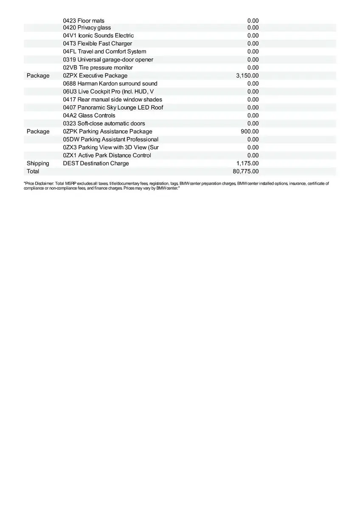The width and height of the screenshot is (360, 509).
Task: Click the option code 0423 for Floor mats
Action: pos(70,21)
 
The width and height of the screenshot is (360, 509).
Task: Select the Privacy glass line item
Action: pos(87,28)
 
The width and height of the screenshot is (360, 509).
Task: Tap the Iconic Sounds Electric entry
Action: pos(98,36)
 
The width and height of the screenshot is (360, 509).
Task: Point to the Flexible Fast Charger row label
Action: pos(98,44)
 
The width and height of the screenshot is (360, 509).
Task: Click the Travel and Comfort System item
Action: pos(104,51)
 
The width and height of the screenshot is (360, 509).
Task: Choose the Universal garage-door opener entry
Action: pos(108,59)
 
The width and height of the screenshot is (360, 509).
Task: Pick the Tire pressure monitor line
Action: pos(98,67)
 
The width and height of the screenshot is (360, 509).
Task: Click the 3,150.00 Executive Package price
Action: pos(247,76)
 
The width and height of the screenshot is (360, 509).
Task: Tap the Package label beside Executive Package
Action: pos(38,76)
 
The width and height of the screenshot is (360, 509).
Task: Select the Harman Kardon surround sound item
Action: pos(110,84)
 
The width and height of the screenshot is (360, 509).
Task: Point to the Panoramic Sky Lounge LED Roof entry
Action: pos(113,107)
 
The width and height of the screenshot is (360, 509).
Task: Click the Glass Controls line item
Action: pos(89,115)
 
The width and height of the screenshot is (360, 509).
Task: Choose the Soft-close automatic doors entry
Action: pos(104,123)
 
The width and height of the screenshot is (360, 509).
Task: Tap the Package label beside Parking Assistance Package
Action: pos(38,131)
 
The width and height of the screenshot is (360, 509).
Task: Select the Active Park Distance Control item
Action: pos(107,155)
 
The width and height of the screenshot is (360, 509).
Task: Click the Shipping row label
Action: pos(38,163)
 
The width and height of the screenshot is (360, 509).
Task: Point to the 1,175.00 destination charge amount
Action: pos(247,163)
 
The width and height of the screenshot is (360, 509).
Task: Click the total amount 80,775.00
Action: pos(245,171)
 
